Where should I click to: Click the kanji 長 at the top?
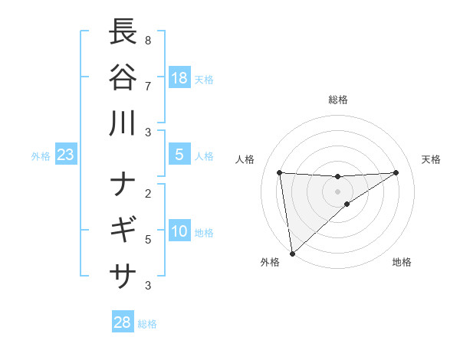coord(123,31)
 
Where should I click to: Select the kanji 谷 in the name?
coord(123,77)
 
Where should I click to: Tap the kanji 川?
coord(123,123)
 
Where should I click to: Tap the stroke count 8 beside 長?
coord(148,40)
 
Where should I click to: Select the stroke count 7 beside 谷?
coord(148,86)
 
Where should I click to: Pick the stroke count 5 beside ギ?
coord(148,240)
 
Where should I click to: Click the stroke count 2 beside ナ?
coord(148,193)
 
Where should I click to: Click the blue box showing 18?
coord(179,77)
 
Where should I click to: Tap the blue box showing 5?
coord(179,155)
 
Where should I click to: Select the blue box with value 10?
coord(179,231)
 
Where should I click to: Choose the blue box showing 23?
coord(66,155)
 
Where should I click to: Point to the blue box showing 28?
coord(123,322)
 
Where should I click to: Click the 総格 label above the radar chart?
coord(337,100)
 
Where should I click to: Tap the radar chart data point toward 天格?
coord(396,172)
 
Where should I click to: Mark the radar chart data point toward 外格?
coord(292,253)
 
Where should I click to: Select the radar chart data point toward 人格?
coord(280,172)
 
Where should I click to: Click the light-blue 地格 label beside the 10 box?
coord(204,232)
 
